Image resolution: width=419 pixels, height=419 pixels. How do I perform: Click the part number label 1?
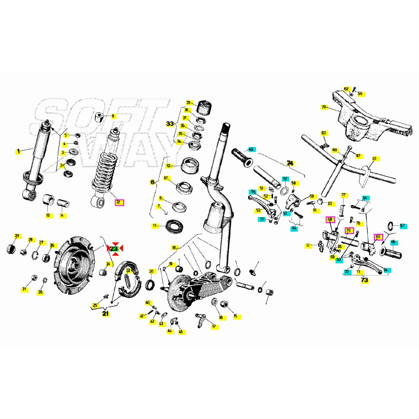(18, 151)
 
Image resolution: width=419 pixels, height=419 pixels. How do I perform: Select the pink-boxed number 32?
(119, 202)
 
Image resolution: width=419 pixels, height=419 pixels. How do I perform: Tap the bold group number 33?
(170, 124)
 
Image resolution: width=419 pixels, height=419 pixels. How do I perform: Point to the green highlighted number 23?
(114, 248)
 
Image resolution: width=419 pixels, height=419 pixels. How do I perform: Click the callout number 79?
(323, 107)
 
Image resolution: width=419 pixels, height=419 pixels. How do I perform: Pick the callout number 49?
(374, 158)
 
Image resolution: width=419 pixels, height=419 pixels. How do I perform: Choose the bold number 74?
(290, 163)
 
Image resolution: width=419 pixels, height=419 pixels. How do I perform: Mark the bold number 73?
(365, 280)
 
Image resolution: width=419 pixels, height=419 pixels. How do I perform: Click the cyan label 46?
(393, 242)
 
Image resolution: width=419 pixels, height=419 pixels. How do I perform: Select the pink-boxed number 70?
(349, 230)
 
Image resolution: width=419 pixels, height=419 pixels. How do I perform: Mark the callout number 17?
(213, 326)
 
